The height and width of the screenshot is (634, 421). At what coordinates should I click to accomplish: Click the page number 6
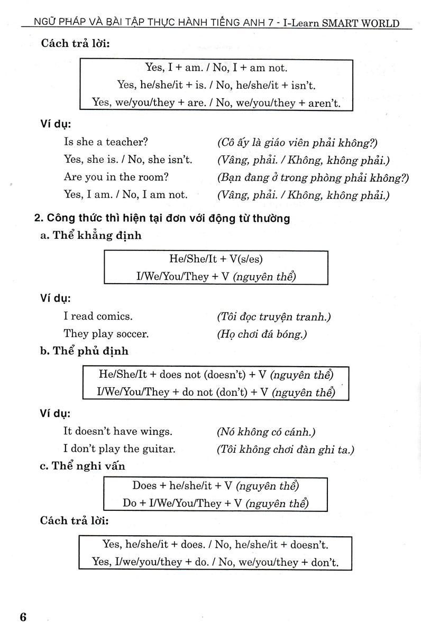(x=22, y=617)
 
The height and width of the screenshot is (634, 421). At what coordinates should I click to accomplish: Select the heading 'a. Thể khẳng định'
(x=91, y=236)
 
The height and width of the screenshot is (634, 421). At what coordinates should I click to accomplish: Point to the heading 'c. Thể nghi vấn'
(x=83, y=466)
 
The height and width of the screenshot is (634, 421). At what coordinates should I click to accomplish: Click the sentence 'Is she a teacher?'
(x=106, y=142)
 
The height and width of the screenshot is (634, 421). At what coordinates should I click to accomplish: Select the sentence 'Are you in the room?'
(x=110, y=177)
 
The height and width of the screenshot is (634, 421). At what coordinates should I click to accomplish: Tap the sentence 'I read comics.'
(x=98, y=316)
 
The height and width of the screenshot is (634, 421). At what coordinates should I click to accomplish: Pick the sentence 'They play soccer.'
(x=106, y=334)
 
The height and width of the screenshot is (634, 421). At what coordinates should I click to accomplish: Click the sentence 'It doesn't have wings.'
(x=117, y=432)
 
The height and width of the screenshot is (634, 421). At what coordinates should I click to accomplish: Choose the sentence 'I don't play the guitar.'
(x=120, y=449)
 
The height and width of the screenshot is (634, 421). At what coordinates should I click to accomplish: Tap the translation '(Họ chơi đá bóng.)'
(x=262, y=334)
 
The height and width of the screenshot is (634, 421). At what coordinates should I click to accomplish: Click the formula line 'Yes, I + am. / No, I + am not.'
(x=216, y=67)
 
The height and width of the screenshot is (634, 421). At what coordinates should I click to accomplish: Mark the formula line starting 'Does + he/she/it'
(x=216, y=486)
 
